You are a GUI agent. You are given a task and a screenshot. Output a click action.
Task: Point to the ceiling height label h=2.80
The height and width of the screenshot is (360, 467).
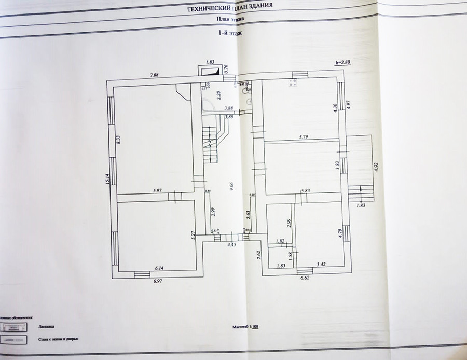click(343, 62)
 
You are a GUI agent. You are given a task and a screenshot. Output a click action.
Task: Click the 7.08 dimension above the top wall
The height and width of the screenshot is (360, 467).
click(154, 75)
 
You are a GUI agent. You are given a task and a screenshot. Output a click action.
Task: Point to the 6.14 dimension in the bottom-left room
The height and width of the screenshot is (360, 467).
click(159, 267)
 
